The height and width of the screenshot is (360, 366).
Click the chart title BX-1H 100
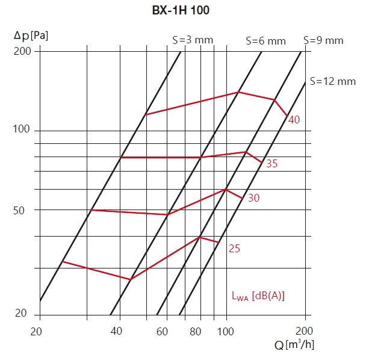tap(181, 10)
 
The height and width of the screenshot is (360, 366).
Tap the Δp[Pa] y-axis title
tap(31, 35)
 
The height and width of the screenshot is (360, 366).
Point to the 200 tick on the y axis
tap(22, 51)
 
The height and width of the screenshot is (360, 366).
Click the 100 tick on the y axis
tap(22, 131)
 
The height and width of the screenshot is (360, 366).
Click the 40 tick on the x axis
tap(117, 331)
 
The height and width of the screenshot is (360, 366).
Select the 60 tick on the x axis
tap(163, 331)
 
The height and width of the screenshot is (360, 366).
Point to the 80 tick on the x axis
tap(196, 331)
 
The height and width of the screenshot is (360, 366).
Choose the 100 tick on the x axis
tap(226, 331)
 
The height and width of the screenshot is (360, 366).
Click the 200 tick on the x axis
tap(305, 331)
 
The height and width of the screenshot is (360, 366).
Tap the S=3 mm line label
tap(193, 40)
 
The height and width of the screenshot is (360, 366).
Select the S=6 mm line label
tap(265, 42)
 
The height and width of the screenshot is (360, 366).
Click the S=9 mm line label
tap(323, 41)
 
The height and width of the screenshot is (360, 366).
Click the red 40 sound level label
tap(294, 120)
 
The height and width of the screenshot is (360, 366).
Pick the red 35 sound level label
tap(271, 163)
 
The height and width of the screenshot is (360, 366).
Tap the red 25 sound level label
tap(234, 247)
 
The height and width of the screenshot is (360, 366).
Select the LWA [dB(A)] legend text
tap(258, 296)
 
